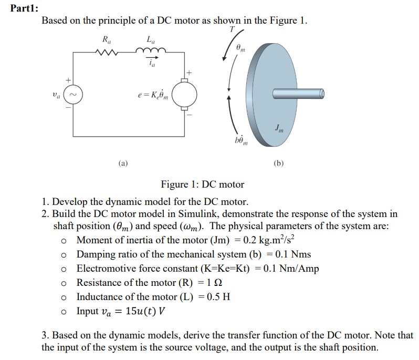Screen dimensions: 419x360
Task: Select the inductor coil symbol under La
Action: click(x=151, y=51)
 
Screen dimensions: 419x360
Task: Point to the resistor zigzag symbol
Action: click(x=108, y=52)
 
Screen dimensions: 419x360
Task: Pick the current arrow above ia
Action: click(x=151, y=59)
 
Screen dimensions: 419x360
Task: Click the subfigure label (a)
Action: click(x=122, y=163)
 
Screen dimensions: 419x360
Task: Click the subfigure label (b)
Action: click(x=279, y=163)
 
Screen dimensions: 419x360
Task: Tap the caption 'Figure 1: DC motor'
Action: click(x=202, y=184)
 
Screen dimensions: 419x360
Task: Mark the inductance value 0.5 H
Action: click(x=218, y=297)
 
